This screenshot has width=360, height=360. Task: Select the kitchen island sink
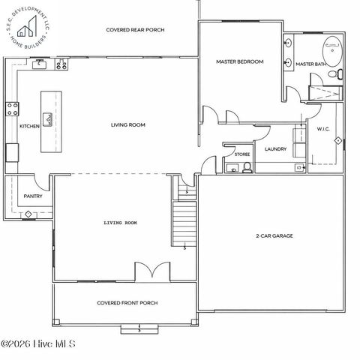point(49,118)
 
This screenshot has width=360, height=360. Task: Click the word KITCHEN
point(29,126)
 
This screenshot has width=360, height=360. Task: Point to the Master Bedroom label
point(239,61)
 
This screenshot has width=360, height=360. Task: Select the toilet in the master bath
point(338,74)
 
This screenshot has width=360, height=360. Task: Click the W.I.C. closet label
point(323,129)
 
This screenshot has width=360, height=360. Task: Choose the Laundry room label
point(275,149)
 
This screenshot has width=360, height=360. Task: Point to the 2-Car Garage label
point(274,235)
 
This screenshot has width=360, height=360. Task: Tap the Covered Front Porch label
point(127,303)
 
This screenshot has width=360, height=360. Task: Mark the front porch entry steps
point(139,328)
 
